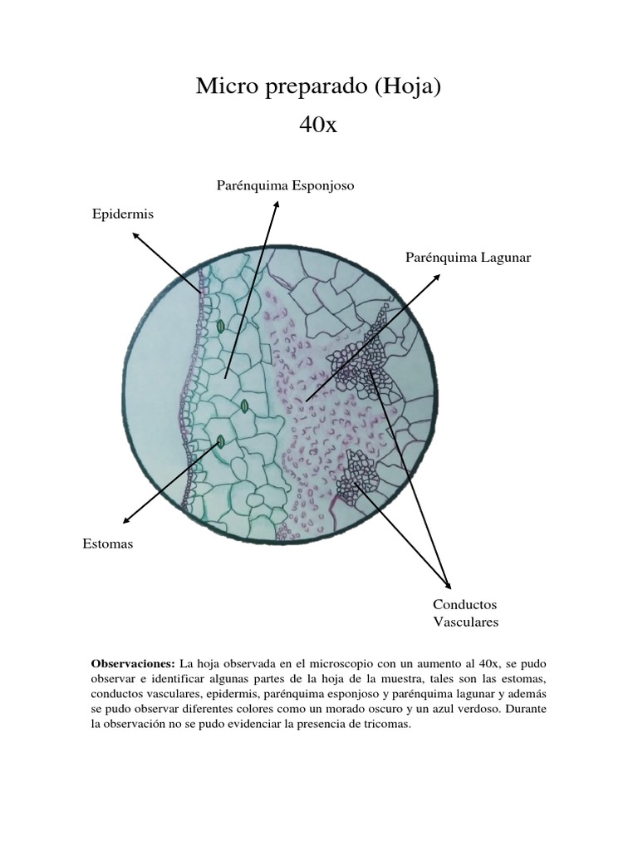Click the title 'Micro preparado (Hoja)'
pyautogui.click(x=318, y=86)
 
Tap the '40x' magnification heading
pyautogui.click(x=318, y=126)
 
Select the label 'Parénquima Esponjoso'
pyautogui.click(x=285, y=185)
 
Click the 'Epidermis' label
pyautogui.click(x=122, y=214)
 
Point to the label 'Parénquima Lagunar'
pyautogui.click(x=468, y=258)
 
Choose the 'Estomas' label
pyautogui.click(x=108, y=544)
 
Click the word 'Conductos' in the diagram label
pyautogui.click(x=464, y=604)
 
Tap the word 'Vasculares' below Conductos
pyautogui.click(x=465, y=622)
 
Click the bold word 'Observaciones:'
pyautogui.click(x=133, y=664)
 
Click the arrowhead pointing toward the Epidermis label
pyautogui.click(x=135, y=235)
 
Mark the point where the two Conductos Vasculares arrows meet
pyautogui.click(x=448, y=585)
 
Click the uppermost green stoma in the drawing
pyautogui.click(x=220, y=327)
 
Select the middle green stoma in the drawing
pyautogui.click(x=245, y=406)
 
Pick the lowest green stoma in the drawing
pyautogui.click(x=220, y=441)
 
